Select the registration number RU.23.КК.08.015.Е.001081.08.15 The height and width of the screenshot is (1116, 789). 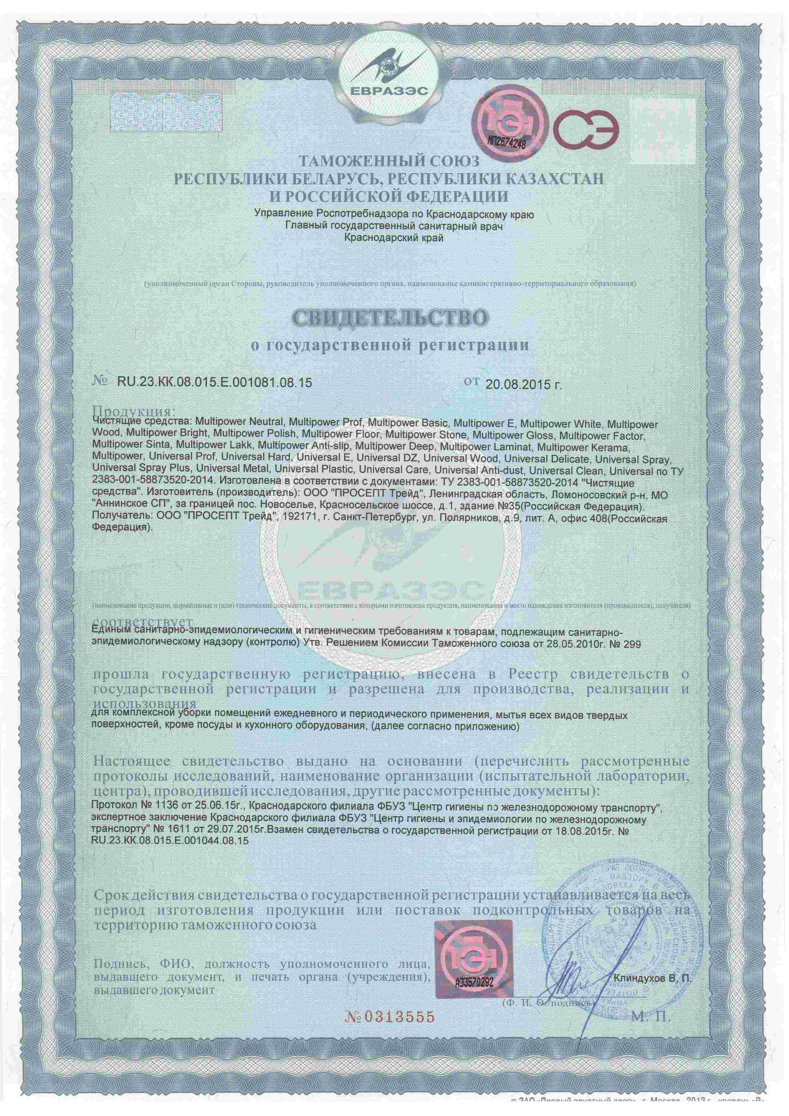(214, 383)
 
